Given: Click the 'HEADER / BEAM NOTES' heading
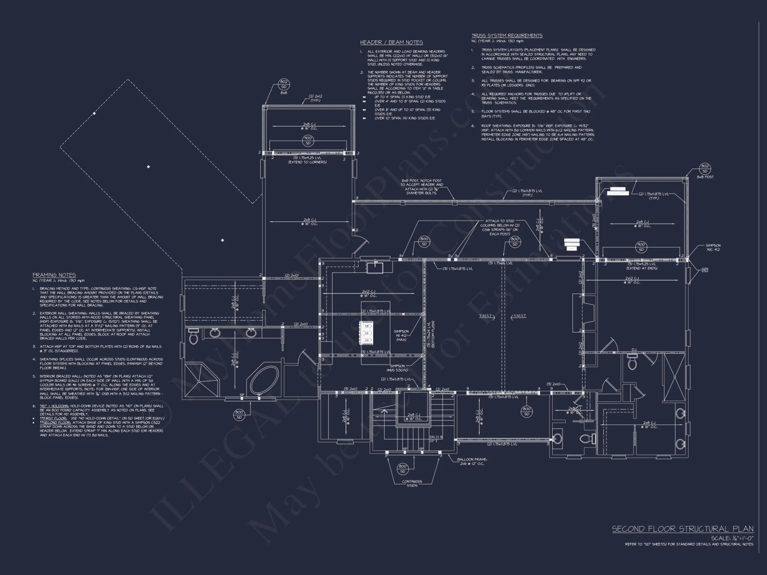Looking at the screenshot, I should point(391,43).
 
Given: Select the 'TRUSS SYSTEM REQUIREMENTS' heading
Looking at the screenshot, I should point(507,36).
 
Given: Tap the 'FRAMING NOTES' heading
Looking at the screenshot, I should point(54,275).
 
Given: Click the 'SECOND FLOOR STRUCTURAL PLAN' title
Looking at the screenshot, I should point(682,529).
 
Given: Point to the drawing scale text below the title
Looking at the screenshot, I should point(732,538).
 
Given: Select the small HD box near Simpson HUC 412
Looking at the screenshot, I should point(704,270).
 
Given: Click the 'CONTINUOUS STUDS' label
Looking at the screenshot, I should point(412,483).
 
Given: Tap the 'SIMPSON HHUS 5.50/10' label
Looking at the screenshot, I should point(397,368).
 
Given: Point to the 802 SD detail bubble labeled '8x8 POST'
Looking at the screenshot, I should point(705,169).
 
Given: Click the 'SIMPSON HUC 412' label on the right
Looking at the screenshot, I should point(713,247).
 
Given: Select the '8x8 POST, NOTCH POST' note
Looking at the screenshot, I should point(421,187).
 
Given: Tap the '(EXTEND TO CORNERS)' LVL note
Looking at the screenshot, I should point(307,162).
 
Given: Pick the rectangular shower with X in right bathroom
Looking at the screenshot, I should point(674,378).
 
